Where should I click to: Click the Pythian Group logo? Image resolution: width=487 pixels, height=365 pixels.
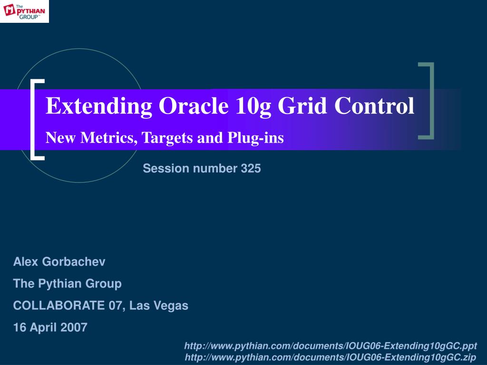(24, 11)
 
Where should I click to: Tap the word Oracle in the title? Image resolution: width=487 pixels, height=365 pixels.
(194, 106)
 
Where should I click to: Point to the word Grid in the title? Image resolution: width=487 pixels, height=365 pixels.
(302, 106)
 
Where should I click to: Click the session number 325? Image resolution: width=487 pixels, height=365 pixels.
(251, 168)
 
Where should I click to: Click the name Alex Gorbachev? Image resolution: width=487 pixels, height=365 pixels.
(59, 262)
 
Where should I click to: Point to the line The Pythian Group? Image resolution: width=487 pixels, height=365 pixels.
(68, 284)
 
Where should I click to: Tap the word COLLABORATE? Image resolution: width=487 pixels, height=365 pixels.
(59, 306)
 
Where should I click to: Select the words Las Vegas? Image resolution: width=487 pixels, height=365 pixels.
(159, 306)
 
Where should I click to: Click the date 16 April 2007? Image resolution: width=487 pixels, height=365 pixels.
(50, 327)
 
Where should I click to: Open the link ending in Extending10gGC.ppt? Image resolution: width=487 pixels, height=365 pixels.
(331, 346)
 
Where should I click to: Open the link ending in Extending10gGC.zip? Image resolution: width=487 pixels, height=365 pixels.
(331, 357)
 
